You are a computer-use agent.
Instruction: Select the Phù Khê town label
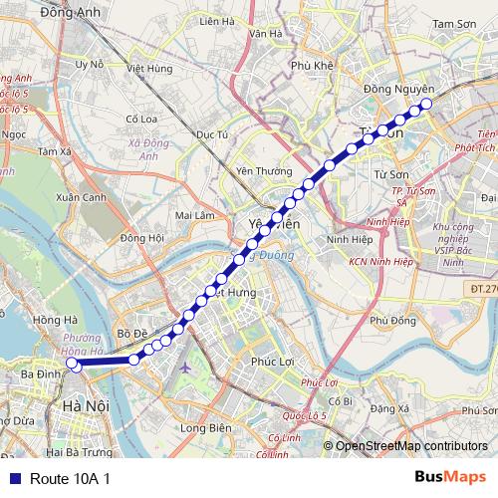tap(311, 66)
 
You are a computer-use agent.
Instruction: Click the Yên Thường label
tap(256, 170)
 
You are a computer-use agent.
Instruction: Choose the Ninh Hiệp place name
tap(348, 239)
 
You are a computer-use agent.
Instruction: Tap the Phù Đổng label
tap(391, 321)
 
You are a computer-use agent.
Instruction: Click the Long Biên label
tap(205, 428)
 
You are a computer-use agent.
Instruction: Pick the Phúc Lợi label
tap(274, 362)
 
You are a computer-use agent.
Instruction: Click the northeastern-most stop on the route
tap(426, 103)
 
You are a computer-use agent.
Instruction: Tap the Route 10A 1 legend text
tap(70, 479)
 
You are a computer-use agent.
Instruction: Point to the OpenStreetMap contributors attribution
tap(411, 446)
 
